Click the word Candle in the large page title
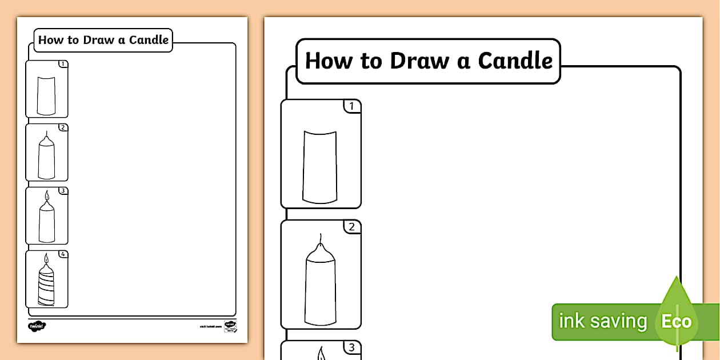pos(515,61)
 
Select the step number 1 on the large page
pos(351,106)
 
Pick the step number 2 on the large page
pos(351,227)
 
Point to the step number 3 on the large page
pos(351,347)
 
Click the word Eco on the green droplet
pos(676,321)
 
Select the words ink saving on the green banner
pos(602,321)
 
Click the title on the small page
pos(103,40)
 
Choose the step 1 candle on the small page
pos(46,94)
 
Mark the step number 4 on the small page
pos(63,254)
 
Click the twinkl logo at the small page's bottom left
pos(37,326)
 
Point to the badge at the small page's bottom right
pos(230,326)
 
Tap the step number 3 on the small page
pos(63,191)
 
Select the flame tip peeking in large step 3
pos(321,354)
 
